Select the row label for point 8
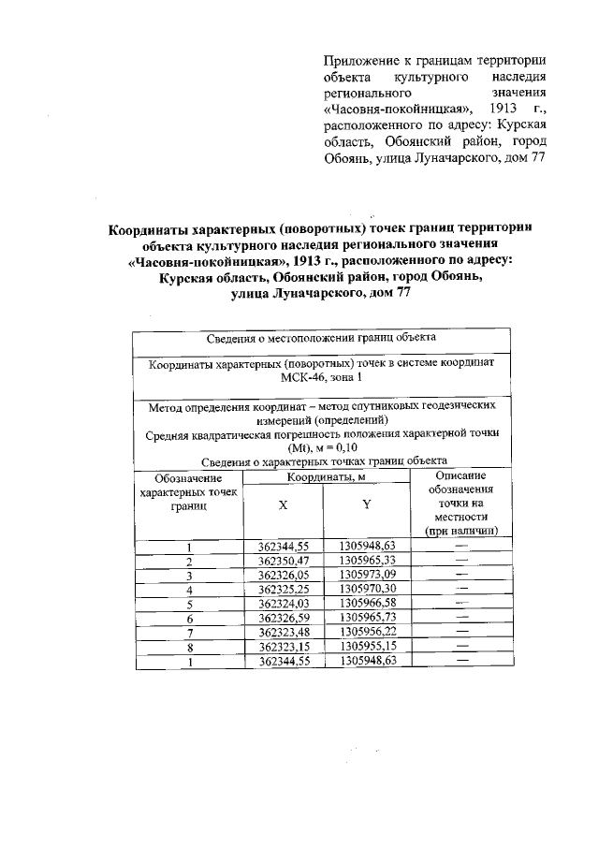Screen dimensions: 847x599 click(x=189, y=648)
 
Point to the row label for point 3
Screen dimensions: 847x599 click(x=189, y=576)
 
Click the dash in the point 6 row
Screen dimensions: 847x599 click(x=460, y=619)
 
